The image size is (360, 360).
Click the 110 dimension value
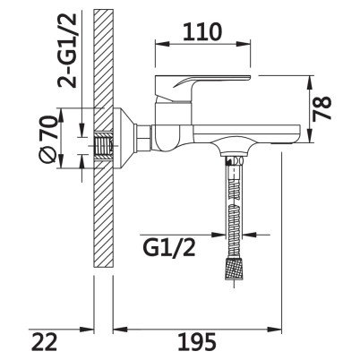tap(202, 32)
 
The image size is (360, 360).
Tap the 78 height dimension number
tap(322, 107)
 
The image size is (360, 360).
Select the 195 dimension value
tap(197, 342)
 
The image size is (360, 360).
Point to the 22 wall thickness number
tap(45, 342)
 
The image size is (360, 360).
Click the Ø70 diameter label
tap(48, 139)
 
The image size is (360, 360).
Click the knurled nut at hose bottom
tap(234, 270)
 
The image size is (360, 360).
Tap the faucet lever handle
tap(202, 89)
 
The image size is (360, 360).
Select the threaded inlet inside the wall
tap(104, 146)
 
